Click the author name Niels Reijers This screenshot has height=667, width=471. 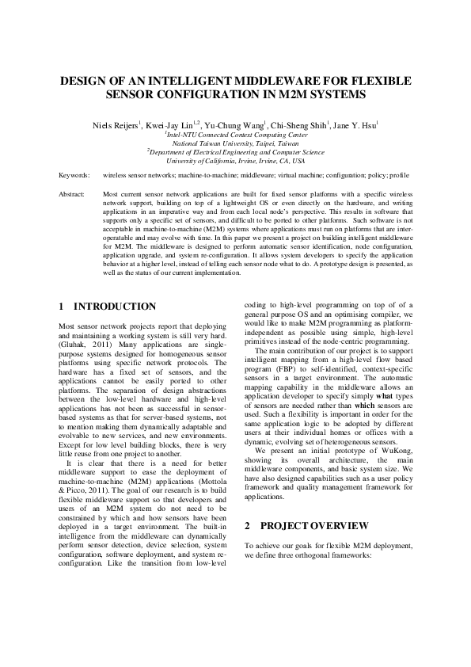[x=116, y=124]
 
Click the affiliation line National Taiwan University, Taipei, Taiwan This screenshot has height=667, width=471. [x=235, y=143]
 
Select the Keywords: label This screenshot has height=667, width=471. [x=74, y=173]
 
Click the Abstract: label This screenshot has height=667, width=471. [x=74, y=193]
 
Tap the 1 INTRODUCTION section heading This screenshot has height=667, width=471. [x=108, y=307]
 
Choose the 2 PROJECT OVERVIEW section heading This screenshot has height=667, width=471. [x=306, y=525]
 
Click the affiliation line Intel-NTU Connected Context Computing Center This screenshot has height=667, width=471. [x=235, y=135]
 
